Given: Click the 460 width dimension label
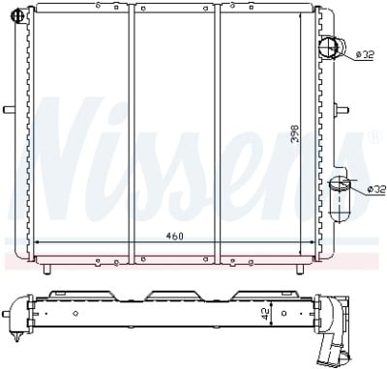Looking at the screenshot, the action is tap(174, 236).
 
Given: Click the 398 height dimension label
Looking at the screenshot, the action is tap(295, 134).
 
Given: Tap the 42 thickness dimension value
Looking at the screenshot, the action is tap(266, 314).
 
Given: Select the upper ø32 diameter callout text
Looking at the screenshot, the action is tap(365, 55).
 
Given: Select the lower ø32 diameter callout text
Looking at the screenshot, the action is tap(376, 189).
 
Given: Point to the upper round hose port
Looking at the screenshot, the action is tap(331, 48).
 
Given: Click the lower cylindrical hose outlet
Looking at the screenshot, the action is tap(339, 200).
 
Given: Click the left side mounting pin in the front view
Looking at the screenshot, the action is tap(11, 109).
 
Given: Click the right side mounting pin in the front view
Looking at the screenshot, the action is tap(342, 109).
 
